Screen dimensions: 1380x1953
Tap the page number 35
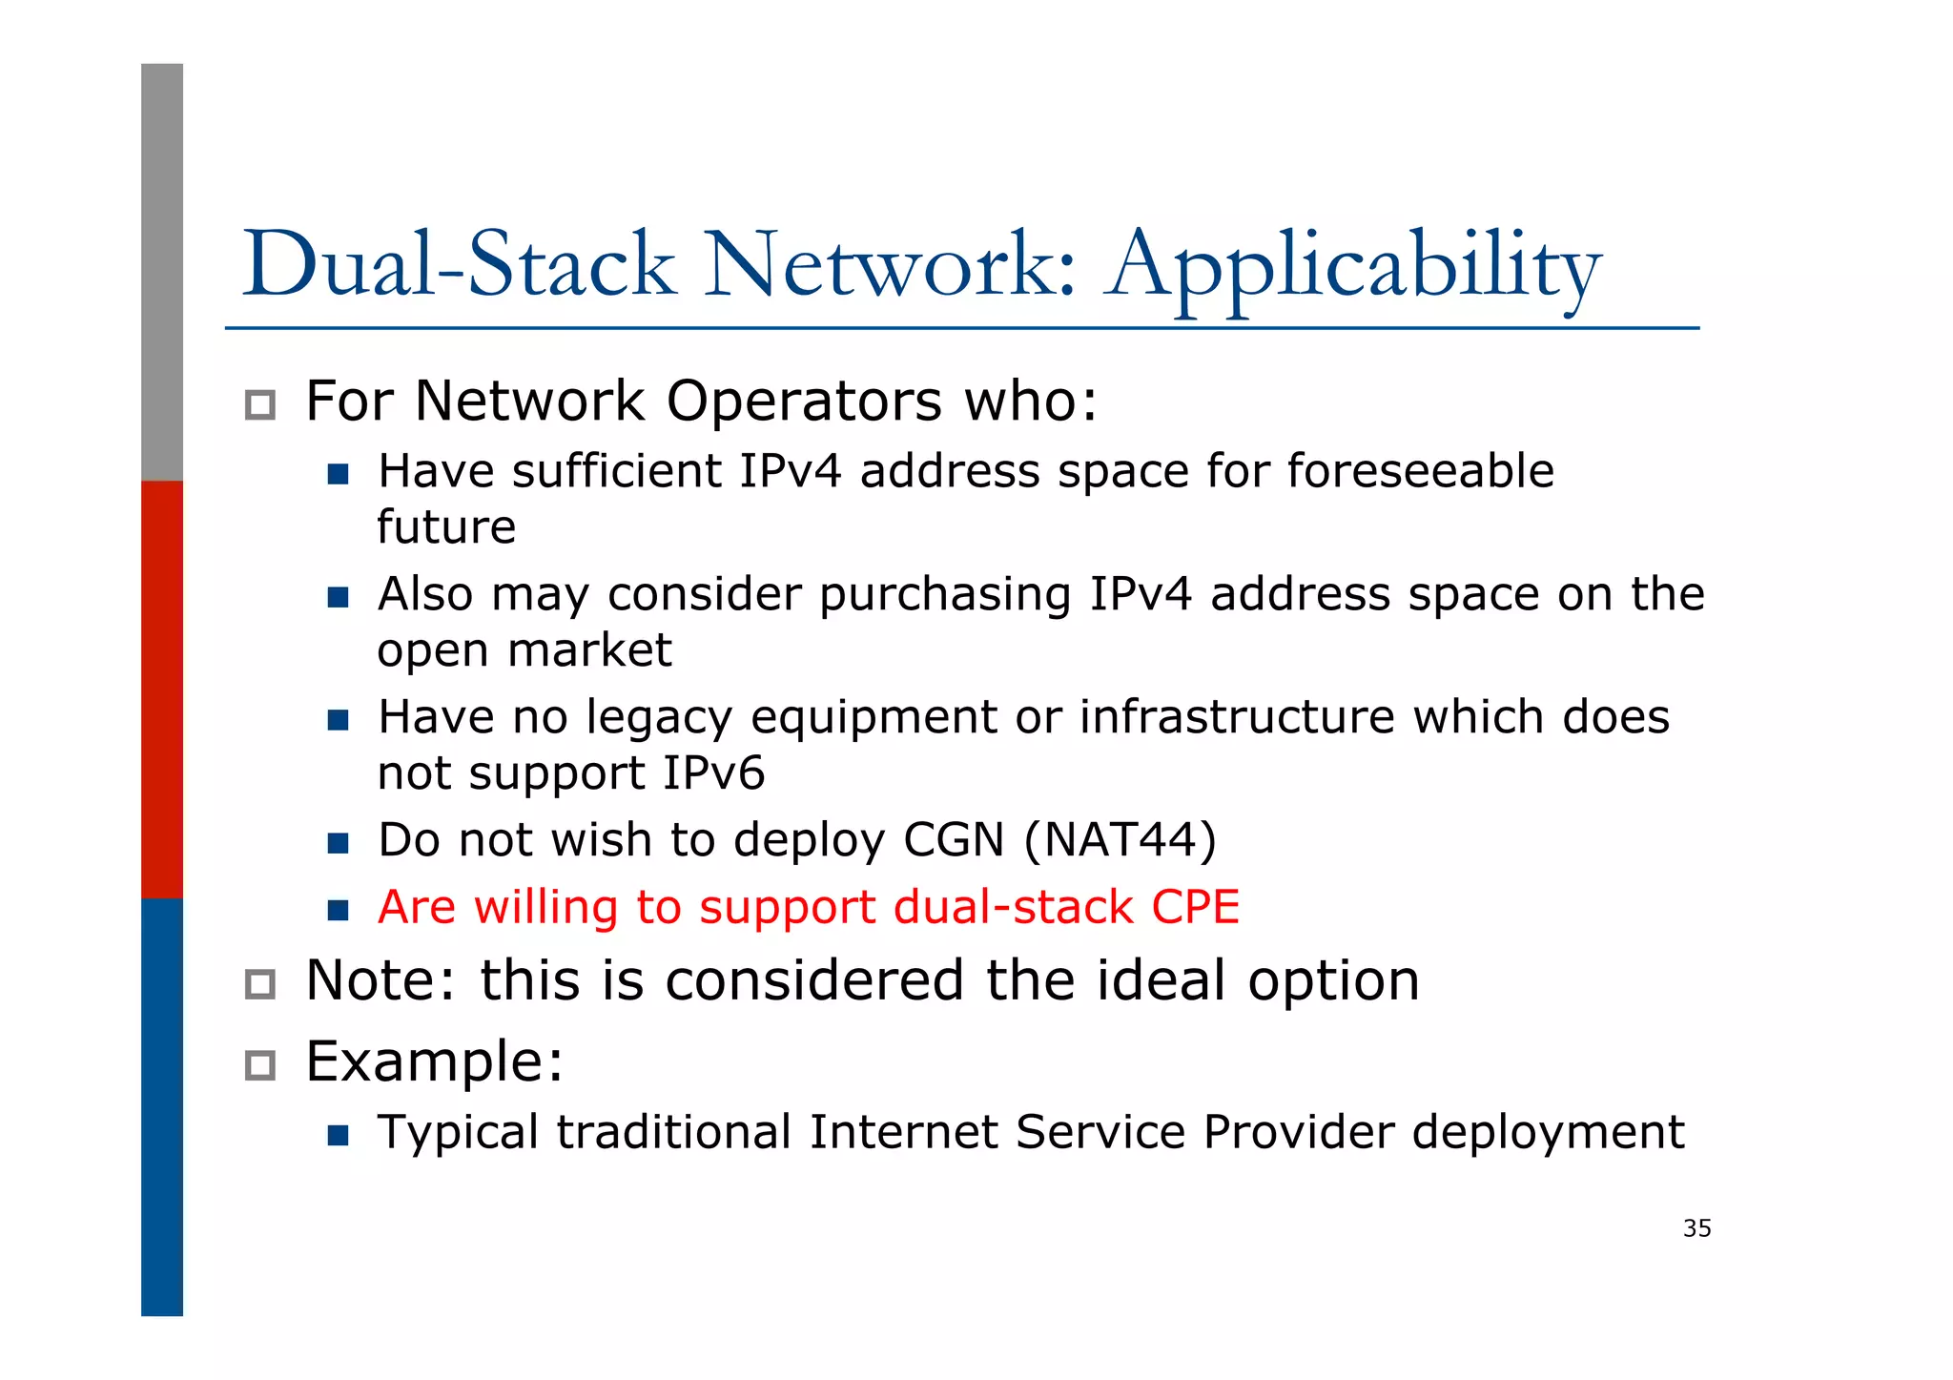1696,1228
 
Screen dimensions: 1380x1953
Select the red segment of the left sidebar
162,689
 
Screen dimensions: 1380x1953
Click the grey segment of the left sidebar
162,272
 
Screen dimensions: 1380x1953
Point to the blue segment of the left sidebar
162,1106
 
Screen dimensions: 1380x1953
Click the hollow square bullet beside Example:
260,1065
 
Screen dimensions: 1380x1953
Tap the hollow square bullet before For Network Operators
260,405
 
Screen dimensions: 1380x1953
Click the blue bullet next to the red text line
338,910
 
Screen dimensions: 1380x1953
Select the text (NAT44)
1120,840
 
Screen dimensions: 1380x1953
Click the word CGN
954,840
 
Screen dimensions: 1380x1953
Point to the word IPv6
713,772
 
